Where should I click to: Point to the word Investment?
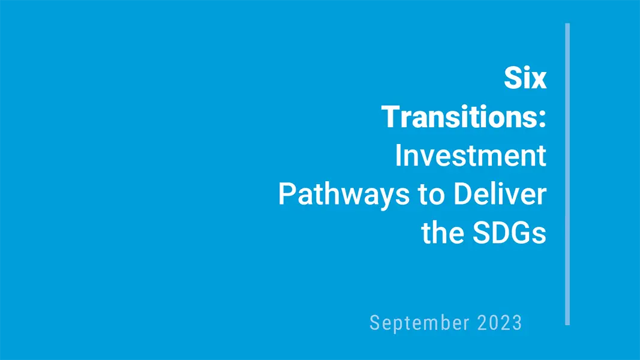pyautogui.click(x=471, y=155)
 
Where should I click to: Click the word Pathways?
pyautogui.click(x=344, y=194)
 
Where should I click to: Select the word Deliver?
pyautogui.click(x=500, y=194)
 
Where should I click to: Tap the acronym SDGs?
pyautogui.click(x=509, y=233)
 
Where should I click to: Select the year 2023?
pyautogui.click(x=500, y=323)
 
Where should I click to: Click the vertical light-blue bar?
pyautogui.click(x=567, y=174)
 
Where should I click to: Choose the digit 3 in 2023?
pyautogui.click(x=517, y=323)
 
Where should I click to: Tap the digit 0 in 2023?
pyautogui.click(x=494, y=323)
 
